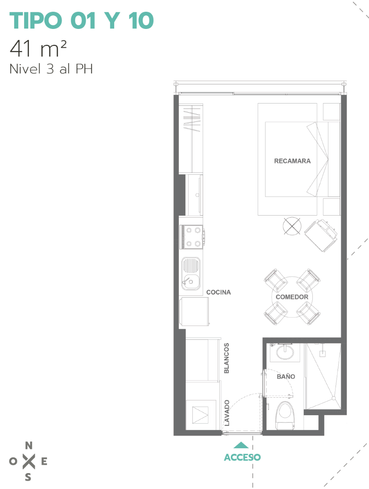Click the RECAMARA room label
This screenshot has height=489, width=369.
click(x=292, y=161)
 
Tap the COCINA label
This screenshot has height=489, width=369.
click(x=219, y=292)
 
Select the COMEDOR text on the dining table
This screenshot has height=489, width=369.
click(x=292, y=297)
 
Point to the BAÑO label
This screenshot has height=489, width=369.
click(x=286, y=376)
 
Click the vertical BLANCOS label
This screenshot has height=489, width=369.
click(x=226, y=358)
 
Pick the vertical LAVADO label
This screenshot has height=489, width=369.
click(x=227, y=413)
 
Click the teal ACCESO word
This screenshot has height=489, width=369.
click(x=242, y=457)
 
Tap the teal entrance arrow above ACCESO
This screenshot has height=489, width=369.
click(x=241, y=445)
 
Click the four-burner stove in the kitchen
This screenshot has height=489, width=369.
click(x=192, y=237)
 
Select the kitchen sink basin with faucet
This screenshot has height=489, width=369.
click(x=191, y=274)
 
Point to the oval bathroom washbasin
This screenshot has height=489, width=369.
click(x=285, y=352)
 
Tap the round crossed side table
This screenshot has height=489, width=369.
click(x=292, y=226)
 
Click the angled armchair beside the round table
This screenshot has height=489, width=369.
click(x=321, y=235)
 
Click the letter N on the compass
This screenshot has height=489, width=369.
click(x=29, y=445)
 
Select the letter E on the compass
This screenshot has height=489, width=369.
click(x=44, y=461)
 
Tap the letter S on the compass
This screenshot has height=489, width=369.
click(x=28, y=477)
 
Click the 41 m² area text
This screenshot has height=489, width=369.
click(x=38, y=48)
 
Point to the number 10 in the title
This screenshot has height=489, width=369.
click(x=141, y=20)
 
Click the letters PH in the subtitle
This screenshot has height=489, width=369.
click(x=84, y=69)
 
